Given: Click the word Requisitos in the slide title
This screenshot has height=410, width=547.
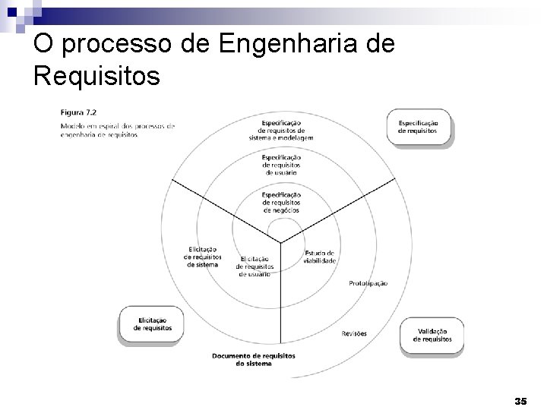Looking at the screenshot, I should tap(96, 76).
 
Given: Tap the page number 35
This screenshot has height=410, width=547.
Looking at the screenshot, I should tap(520, 399).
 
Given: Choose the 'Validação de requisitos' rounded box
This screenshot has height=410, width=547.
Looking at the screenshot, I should tap(432, 335).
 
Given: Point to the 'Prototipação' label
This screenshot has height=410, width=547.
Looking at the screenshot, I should tap(368, 283).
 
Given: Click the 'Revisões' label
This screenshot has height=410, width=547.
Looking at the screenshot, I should tap(354, 333).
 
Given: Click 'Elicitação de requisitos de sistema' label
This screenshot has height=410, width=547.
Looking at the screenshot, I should tap(201, 256).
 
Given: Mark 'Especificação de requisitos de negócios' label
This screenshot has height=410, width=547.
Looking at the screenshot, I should tap(281, 202).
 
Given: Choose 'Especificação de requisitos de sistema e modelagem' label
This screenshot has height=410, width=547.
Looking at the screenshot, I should tap(280, 130).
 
